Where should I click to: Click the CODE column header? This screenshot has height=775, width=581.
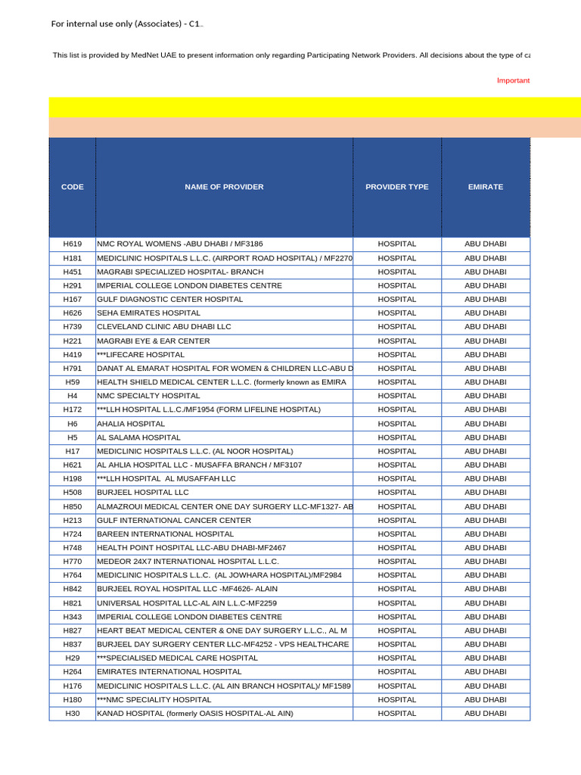tap(73, 187)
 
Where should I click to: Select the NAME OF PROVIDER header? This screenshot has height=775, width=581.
tap(224, 187)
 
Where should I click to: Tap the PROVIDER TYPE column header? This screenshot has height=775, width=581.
tap(396, 187)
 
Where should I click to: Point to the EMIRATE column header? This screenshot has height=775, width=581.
tap(485, 187)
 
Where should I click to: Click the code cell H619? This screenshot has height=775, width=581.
tap(73, 244)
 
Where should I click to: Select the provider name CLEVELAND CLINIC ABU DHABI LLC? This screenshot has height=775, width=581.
tap(164, 327)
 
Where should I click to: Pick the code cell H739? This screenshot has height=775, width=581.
tap(73, 327)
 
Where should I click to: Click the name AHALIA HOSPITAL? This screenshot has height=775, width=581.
tap(131, 424)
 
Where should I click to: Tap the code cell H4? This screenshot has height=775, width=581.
tap(73, 396)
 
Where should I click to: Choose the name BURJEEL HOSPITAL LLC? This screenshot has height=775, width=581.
tap(143, 493)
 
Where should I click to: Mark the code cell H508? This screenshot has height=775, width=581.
tap(73, 493)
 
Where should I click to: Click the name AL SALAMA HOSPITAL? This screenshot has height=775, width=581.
tap(138, 437)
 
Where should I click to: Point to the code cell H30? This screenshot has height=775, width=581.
tap(73, 714)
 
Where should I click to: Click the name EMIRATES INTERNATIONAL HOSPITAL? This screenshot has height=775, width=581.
tap(169, 672)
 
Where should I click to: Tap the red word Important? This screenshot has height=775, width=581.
tap(513, 80)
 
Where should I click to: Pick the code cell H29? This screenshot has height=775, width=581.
tap(73, 658)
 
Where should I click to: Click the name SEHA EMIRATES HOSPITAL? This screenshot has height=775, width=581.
tap(144, 313)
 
